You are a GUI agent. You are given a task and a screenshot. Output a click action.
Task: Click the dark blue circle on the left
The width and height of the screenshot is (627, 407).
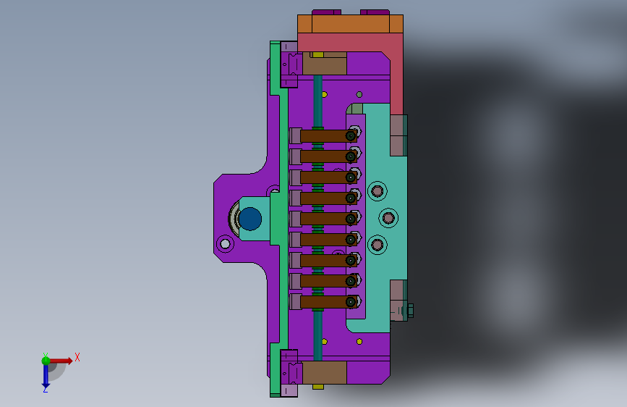(250, 219)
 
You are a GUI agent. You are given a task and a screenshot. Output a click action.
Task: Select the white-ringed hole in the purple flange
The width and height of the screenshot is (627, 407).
(225, 243)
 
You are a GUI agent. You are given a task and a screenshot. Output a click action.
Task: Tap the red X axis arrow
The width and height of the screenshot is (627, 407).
(60, 361)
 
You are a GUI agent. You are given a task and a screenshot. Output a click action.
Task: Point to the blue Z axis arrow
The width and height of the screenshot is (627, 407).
(46, 375)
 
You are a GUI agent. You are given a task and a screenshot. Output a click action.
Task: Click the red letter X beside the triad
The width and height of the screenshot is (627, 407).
(77, 357)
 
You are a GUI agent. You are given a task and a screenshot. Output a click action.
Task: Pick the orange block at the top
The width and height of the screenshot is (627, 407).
(350, 24)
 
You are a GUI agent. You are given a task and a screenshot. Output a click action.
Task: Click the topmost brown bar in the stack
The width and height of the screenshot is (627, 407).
(328, 136)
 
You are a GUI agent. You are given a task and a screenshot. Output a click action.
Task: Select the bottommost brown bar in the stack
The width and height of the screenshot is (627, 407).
(328, 302)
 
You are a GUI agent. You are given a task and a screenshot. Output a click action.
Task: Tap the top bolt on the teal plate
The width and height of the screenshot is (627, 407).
(377, 191)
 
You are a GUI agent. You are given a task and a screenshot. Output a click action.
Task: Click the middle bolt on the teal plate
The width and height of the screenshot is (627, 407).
(388, 218)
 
